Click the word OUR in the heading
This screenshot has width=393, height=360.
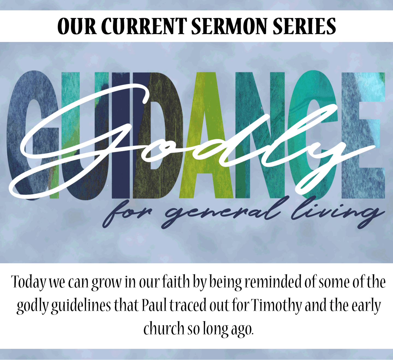pos(77,26)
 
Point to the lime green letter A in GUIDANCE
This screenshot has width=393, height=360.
pos(207,135)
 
